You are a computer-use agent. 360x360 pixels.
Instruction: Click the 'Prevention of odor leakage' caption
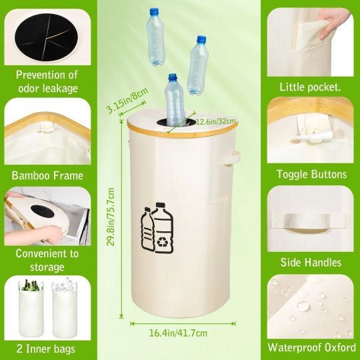[47, 81]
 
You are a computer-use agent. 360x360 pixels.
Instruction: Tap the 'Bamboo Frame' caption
[47, 176]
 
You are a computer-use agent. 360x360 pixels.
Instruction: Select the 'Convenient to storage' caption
[47, 260]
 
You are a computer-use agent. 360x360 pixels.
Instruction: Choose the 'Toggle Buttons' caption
[311, 175]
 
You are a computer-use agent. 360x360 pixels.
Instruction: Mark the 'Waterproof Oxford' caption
[310, 347]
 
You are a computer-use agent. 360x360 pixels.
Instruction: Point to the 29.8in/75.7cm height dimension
[112, 217]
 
